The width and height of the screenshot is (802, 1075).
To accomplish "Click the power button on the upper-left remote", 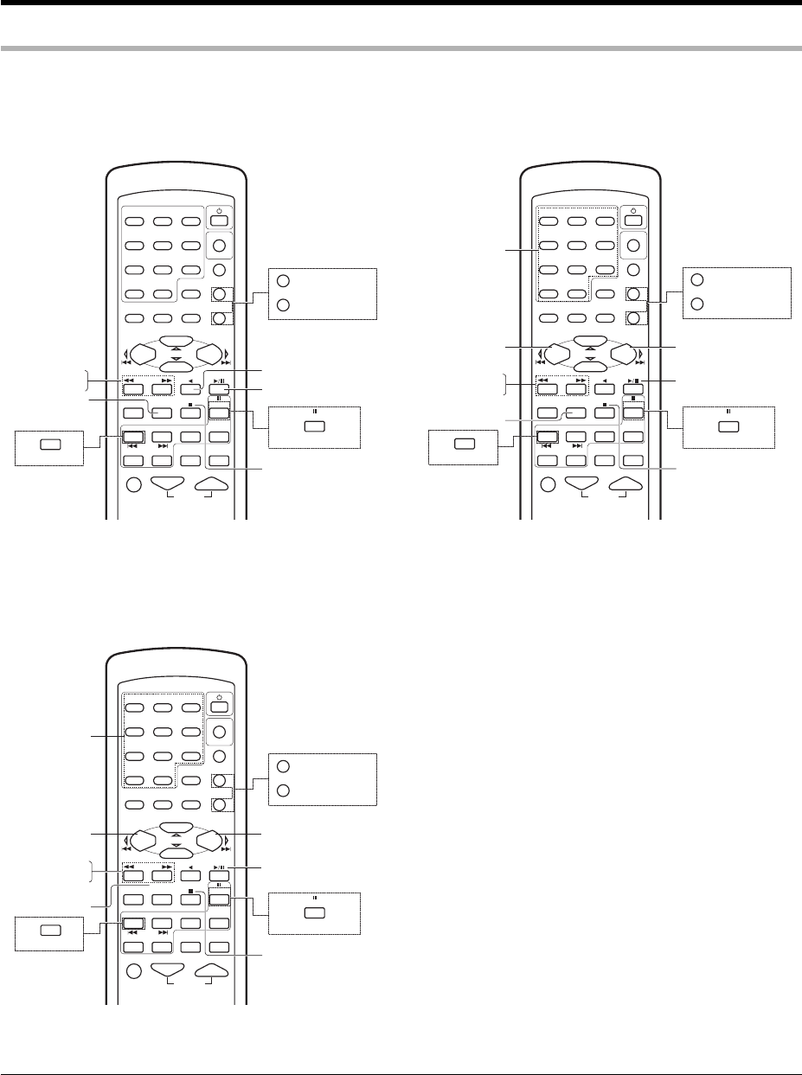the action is (x=219, y=220).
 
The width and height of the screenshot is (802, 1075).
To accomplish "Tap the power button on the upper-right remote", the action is (x=634, y=220).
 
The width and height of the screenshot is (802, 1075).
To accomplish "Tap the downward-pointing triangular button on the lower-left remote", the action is (x=170, y=966).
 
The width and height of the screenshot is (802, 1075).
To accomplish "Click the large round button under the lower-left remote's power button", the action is (x=219, y=733).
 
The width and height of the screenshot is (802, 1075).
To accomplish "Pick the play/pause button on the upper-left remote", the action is (x=218, y=388).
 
